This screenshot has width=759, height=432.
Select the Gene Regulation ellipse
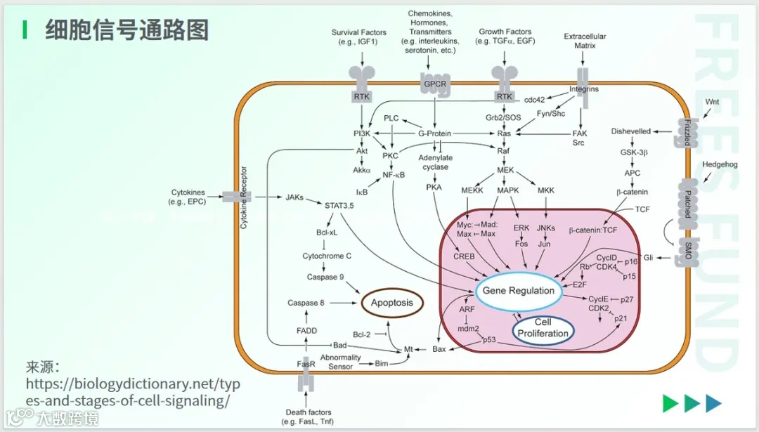click(x=519, y=291)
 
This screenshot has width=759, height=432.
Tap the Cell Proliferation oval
click(x=543, y=328)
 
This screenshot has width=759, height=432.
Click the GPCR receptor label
click(x=435, y=84)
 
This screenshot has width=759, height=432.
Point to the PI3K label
click(x=362, y=133)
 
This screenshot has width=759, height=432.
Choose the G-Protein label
click(x=435, y=133)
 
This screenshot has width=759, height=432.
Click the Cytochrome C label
click(x=327, y=256)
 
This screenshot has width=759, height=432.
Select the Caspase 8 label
click(x=306, y=303)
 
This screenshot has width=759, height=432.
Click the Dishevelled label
click(x=631, y=131)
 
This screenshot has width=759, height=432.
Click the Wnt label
click(x=713, y=102)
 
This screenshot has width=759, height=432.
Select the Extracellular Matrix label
click(x=585, y=41)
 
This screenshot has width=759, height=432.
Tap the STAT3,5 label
click(x=340, y=206)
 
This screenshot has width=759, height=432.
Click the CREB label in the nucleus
click(x=464, y=256)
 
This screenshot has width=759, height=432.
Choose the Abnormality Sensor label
click(x=341, y=362)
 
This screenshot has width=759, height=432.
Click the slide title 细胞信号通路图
click(x=126, y=30)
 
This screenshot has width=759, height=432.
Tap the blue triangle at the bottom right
click(x=714, y=403)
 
